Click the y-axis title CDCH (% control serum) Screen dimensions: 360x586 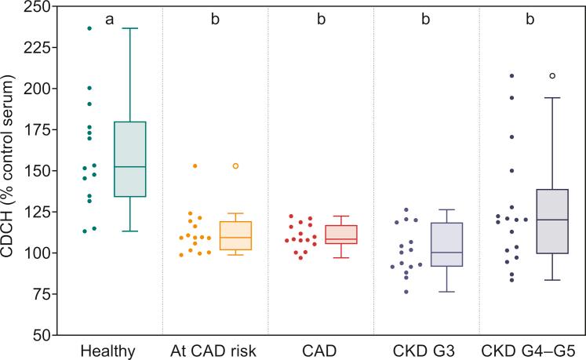10,171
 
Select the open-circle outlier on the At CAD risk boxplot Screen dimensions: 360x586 235,166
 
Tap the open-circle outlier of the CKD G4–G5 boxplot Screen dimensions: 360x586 552,76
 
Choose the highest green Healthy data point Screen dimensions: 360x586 89,28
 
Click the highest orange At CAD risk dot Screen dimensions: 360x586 195,166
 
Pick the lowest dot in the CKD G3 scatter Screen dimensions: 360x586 406,292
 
